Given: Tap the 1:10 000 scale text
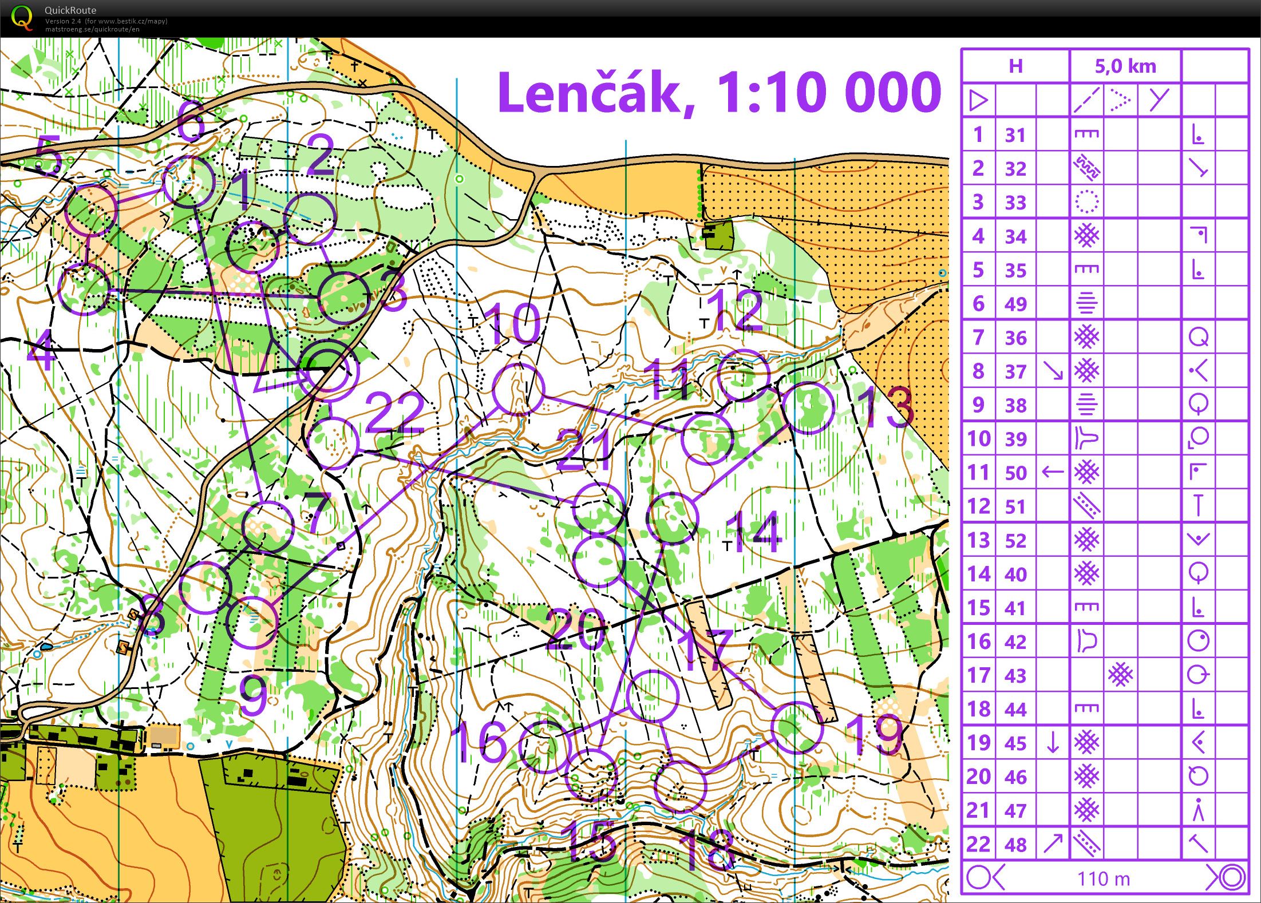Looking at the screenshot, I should click(829, 93).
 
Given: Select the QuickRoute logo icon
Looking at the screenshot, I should click(22, 18).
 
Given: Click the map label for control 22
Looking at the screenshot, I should click(395, 413).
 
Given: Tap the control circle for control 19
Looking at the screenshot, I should click(796, 727).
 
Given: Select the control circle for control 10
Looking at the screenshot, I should click(518, 389).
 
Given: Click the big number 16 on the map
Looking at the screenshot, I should click(480, 742).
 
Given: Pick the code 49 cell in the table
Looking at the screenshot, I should click(1015, 304).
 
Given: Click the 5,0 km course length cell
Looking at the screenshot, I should click(1125, 66).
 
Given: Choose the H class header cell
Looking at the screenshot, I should click(1015, 66).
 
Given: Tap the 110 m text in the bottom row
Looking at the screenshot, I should click(1104, 878).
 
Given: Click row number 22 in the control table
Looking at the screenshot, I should click(978, 844).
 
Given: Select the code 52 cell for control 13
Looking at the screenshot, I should click(1015, 540).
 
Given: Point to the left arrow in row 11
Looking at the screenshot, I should click(1052, 472).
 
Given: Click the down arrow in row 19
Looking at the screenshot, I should click(1052, 743).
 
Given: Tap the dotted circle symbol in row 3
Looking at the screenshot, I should click(1086, 202).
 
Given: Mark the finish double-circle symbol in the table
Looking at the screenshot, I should click(1228, 877).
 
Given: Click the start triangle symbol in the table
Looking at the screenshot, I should click(979, 101).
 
